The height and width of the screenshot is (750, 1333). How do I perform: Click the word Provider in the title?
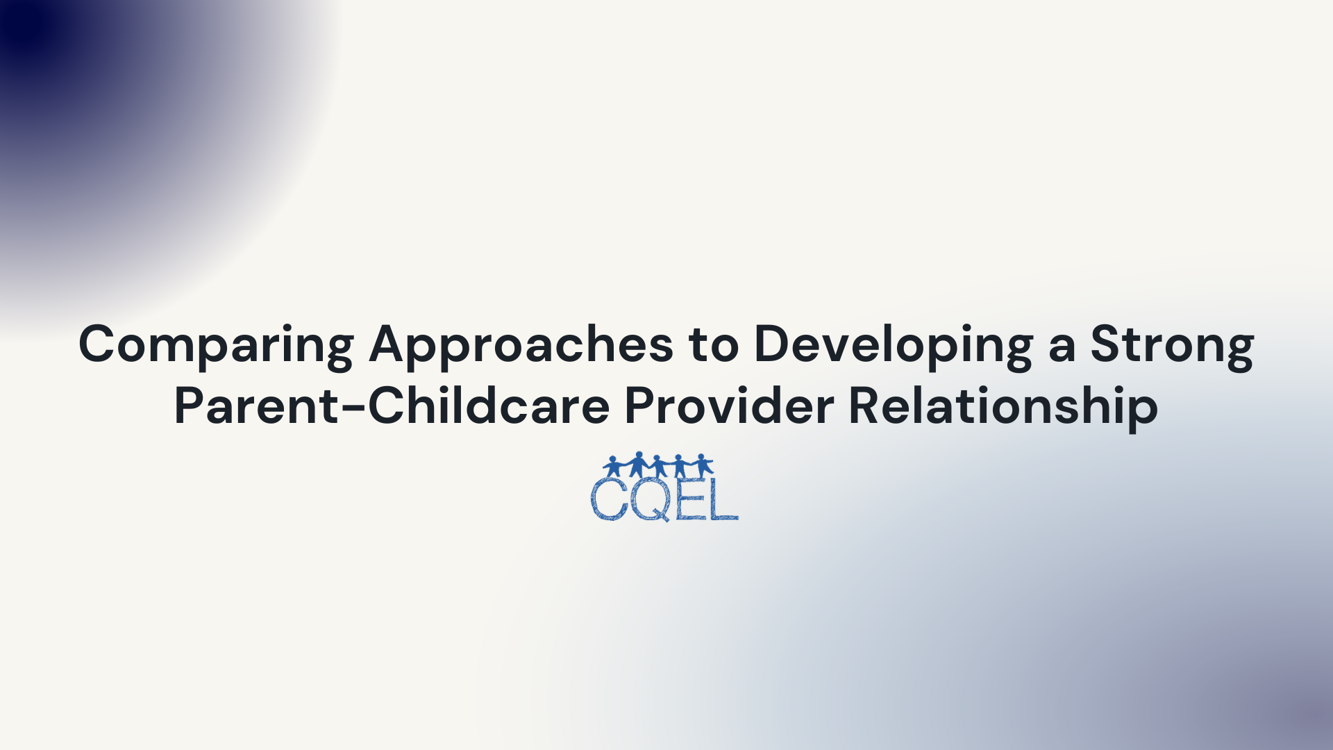(x=729, y=406)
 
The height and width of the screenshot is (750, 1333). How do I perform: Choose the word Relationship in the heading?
(x=1003, y=406)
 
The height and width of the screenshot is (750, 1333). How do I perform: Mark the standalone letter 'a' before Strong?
(x=1062, y=347)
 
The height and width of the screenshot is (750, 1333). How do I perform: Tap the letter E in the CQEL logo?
(x=690, y=498)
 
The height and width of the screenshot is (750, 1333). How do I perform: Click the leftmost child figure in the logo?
(x=613, y=465)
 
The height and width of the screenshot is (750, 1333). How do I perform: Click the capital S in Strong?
(x=1106, y=344)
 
